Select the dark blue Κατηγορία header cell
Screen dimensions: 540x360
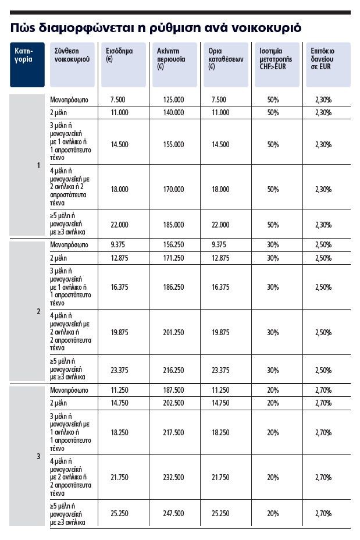click(27, 64)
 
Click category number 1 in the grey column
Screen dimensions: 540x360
click(38, 166)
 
